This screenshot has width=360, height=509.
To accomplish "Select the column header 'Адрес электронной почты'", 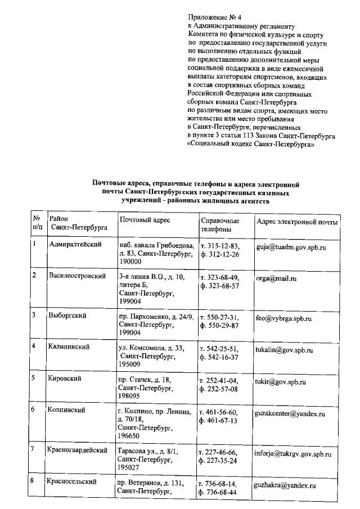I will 296,222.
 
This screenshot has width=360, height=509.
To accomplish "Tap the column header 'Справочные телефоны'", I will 219,226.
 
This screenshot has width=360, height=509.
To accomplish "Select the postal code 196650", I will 129,435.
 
